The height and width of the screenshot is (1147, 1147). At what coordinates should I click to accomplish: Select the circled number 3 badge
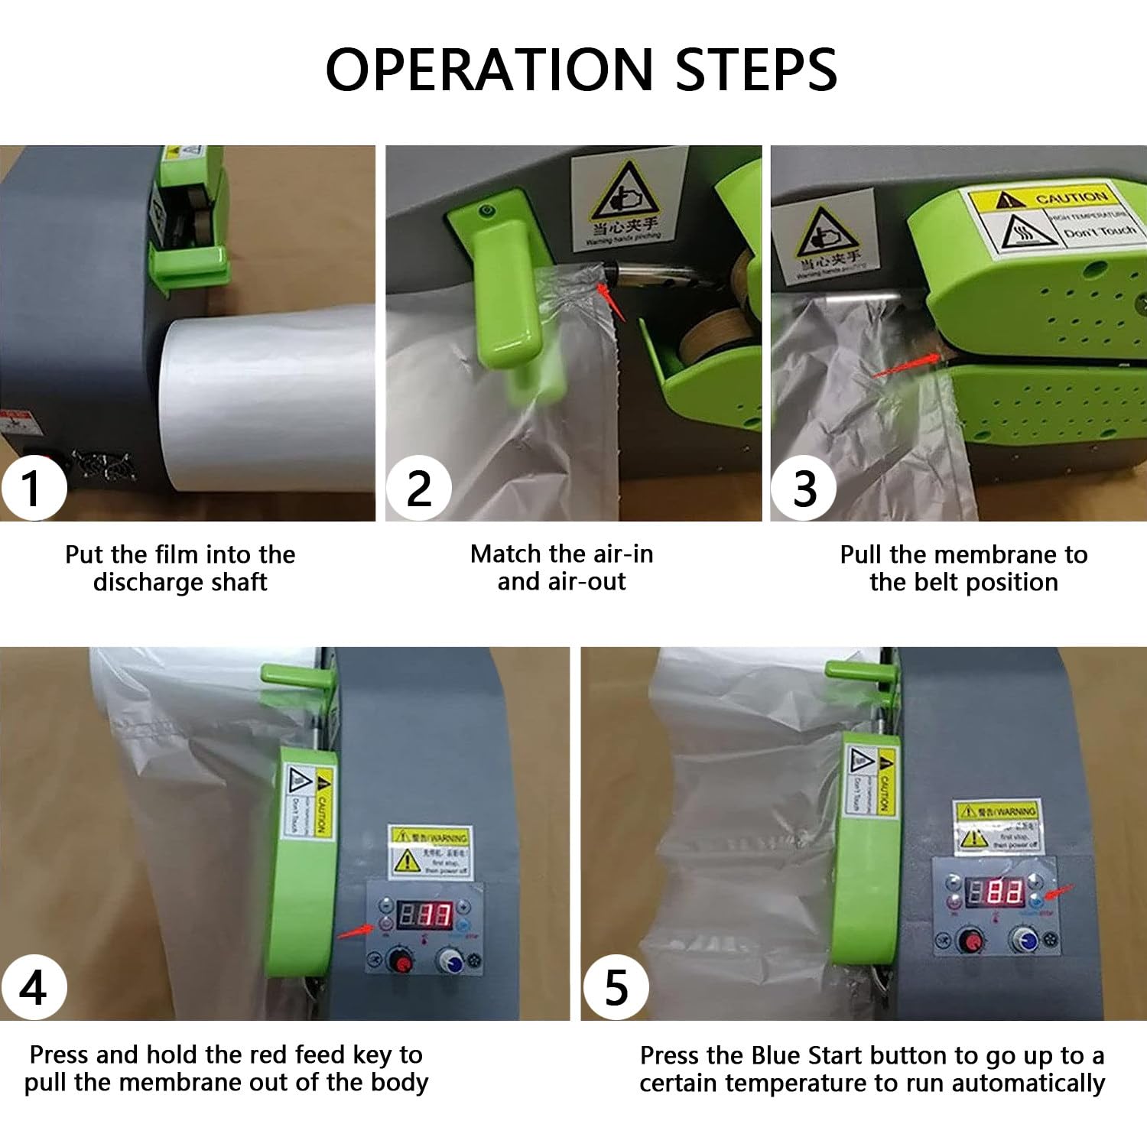[x=804, y=488]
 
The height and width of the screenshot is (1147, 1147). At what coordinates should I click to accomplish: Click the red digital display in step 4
[x=425, y=915]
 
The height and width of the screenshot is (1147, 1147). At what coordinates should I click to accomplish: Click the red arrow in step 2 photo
[x=611, y=301]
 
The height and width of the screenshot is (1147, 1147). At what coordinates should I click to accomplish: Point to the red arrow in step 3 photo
[x=907, y=366]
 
